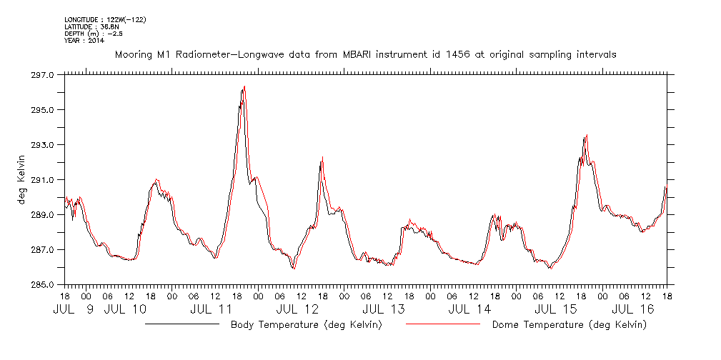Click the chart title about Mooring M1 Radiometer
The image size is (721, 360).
(x=365, y=54)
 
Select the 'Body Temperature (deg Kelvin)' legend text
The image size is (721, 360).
(x=306, y=325)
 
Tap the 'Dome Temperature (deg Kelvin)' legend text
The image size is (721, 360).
(x=569, y=325)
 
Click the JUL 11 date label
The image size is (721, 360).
(x=212, y=310)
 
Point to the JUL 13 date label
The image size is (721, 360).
(x=384, y=310)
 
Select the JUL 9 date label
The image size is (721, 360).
(x=74, y=310)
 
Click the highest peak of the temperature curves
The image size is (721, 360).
(x=244, y=87)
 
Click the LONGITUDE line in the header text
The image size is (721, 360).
(x=105, y=20)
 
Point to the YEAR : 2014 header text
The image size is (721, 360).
(x=84, y=40)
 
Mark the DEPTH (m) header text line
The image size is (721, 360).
(x=94, y=33)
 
